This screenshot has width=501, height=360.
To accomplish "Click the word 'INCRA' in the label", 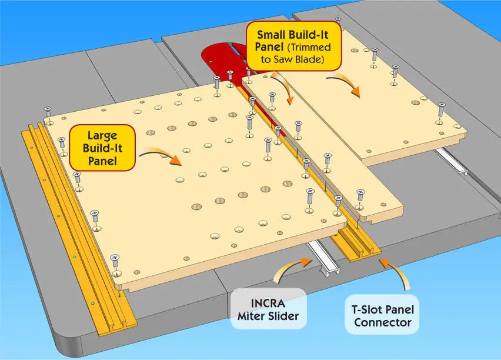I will click(270, 302).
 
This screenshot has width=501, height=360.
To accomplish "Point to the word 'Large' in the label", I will click(102, 134).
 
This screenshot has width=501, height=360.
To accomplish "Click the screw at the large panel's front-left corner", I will click(115, 259).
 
